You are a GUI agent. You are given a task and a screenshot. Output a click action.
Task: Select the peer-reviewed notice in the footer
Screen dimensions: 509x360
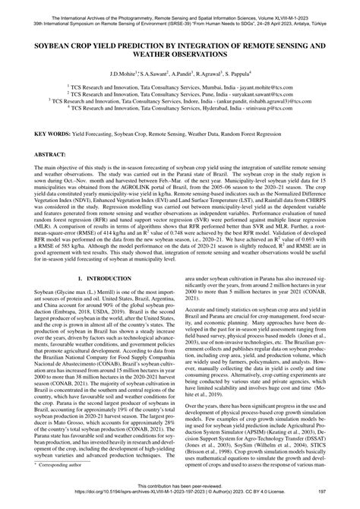pos(180,489)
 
